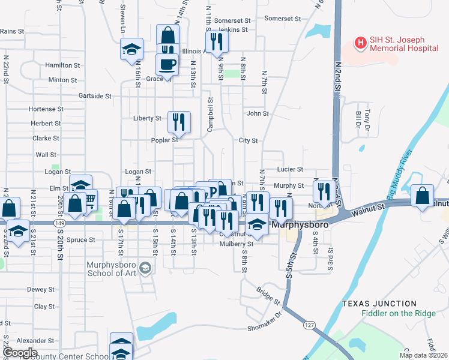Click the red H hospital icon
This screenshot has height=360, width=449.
(x=361, y=43)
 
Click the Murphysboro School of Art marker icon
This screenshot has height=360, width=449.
(x=144, y=266)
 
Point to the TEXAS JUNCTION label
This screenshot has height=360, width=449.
(x=379, y=304)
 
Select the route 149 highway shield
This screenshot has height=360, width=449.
(x=59, y=223)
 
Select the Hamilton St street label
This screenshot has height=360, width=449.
(x=63, y=65)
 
